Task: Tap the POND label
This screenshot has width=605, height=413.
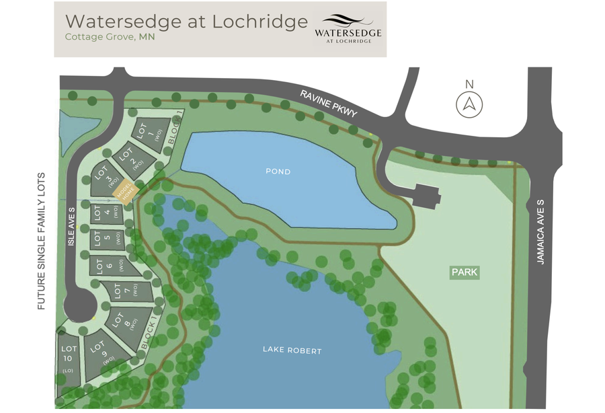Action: tap(278, 172)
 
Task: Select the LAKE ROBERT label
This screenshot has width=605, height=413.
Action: tap(292, 350)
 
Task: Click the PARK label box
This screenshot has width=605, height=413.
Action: tap(465, 272)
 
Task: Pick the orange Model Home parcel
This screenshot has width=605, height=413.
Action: tap(125, 194)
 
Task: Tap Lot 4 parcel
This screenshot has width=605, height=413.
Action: tap(107, 213)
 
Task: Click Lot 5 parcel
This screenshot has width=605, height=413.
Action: tap(108, 239)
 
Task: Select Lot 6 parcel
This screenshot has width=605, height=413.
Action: tap(111, 265)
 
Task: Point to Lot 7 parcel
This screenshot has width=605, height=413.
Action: tap(128, 291)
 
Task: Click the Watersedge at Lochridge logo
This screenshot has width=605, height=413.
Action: tap(348, 30)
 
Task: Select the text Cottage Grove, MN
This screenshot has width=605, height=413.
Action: tap(110, 37)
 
